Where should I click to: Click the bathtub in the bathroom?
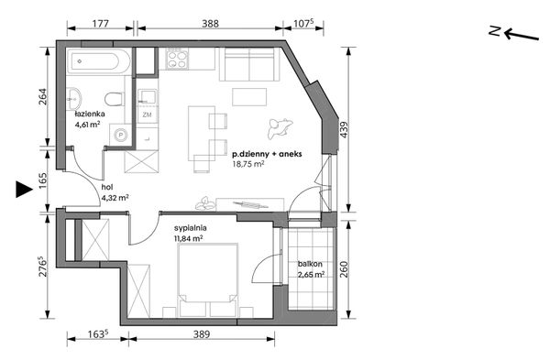tap(99, 61)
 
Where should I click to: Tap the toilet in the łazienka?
tap(115, 99)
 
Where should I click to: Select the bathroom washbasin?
tap(73, 98)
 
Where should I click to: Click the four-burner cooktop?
tap(177, 59)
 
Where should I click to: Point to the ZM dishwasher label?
tap(147, 115)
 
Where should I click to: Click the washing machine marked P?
tap(121, 135)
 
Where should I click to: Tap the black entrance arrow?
tap(24, 190)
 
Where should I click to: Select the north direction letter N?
tap(495, 31)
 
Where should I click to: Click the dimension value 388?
tap(210, 23)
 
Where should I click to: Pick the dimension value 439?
tap(344, 129)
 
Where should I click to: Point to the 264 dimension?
tap(42, 97)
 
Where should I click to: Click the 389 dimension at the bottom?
tap(202, 334)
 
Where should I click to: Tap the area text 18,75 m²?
tap(248, 163)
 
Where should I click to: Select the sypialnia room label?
tap(190, 228)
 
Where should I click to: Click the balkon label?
tap(310, 264)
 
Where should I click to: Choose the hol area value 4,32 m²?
tap(115, 197)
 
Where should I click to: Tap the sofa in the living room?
tap(249, 64)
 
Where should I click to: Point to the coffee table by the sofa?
tap(249, 97)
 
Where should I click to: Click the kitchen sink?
tap(148, 95)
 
